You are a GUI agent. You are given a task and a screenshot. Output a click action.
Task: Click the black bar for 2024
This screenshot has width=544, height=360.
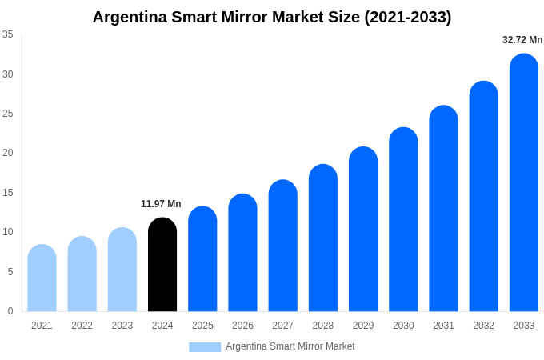(162, 265)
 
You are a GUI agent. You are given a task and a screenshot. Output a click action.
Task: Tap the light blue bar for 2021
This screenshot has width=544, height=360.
(42, 278)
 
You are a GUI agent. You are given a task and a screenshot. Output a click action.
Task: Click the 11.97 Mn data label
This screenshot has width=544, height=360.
(161, 204)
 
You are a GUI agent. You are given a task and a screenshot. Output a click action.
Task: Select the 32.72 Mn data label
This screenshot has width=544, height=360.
(522, 40)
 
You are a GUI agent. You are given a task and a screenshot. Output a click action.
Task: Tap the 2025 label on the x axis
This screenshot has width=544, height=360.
(202, 326)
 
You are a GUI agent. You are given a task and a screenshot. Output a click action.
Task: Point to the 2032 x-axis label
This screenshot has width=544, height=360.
(483, 326)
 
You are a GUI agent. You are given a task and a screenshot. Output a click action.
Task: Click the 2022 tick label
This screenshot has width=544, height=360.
(82, 326)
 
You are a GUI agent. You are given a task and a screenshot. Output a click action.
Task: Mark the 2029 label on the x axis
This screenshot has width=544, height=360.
(363, 326)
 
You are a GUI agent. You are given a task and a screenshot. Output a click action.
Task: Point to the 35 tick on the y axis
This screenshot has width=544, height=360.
(8, 34)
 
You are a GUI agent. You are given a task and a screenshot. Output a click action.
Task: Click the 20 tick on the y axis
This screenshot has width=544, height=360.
(8, 153)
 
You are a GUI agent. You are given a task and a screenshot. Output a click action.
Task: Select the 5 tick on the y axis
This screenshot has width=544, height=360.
(10, 272)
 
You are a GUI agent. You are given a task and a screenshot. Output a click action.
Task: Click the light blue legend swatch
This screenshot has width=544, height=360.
(205, 346)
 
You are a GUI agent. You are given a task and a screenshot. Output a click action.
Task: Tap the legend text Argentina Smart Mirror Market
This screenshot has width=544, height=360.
(290, 346)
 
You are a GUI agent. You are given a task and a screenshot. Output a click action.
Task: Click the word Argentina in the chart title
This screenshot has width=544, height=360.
(131, 17)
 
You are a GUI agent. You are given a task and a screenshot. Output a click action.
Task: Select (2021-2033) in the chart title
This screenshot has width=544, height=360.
(407, 17)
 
